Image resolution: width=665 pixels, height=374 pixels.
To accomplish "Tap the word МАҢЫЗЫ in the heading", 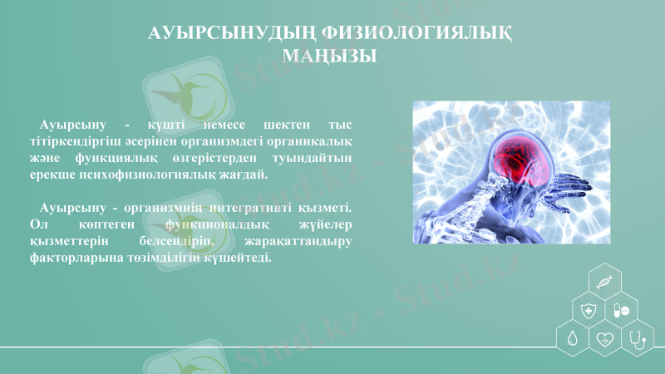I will tap(330, 56).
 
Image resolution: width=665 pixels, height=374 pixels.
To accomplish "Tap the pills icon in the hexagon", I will tap(622, 311).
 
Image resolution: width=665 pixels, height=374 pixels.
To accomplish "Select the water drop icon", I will tap(572, 339).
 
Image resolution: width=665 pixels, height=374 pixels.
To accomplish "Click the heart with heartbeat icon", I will tap(605, 339).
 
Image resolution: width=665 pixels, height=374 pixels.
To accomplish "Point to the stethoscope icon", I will tap(638, 339).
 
